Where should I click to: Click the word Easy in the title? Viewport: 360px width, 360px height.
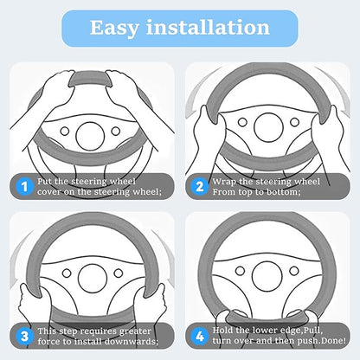click(x=114, y=29)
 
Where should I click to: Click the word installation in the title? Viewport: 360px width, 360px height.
click(x=208, y=28)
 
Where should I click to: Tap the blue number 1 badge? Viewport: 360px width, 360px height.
click(x=24, y=187)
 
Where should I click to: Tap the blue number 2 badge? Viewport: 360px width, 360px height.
click(x=200, y=187)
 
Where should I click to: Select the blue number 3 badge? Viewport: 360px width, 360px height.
click(x=24, y=337)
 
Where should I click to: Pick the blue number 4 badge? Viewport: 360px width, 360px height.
click(x=200, y=337)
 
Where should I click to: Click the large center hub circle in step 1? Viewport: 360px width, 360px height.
click(x=90, y=136)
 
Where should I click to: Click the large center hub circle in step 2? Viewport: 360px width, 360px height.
click(x=268, y=127)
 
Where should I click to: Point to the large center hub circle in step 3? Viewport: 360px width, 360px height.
click(x=93, y=279)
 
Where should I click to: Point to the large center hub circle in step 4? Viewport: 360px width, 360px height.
click(x=267, y=276)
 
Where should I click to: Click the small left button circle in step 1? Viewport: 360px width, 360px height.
click(x=65, y=132)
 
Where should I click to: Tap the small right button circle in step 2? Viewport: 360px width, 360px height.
click(x=294, y=122)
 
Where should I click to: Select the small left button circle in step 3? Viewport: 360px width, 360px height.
click(x=67, y=273)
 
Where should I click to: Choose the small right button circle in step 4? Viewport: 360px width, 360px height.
click(x=294, y=271)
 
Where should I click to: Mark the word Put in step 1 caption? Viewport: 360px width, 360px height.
click(x=44, y=182)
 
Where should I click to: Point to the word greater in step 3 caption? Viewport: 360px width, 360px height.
click(x=135, y=332)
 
